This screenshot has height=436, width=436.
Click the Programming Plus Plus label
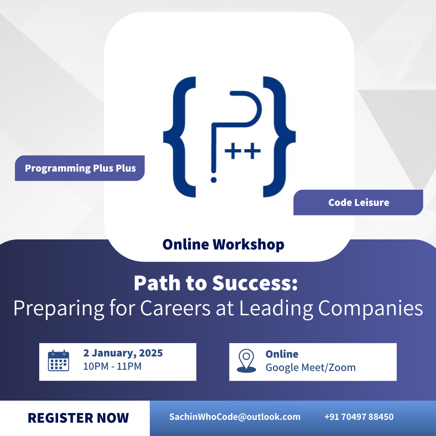[x=80, y=168]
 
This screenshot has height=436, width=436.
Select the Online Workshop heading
[x=223, y=244]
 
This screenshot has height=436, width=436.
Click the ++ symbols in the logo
[x=243, y=151]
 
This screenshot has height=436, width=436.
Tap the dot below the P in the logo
[x=214, y=180]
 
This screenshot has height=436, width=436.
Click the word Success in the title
[x=255, y=283]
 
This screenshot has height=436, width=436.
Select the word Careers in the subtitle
[x=176, y=308]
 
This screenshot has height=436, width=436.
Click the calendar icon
[x=59, y=361]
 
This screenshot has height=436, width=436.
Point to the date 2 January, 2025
[x=123, y=353]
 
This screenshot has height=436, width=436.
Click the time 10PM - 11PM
[x=112, y=366]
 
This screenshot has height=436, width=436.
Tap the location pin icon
[x=246, y=361]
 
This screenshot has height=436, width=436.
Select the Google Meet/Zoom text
[x=310, y=368]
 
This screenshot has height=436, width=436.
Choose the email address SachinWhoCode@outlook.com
[x=235, y=417]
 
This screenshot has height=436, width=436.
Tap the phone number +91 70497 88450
[x=359, y=417]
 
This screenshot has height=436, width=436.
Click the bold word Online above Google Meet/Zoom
[x=282, y=354]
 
